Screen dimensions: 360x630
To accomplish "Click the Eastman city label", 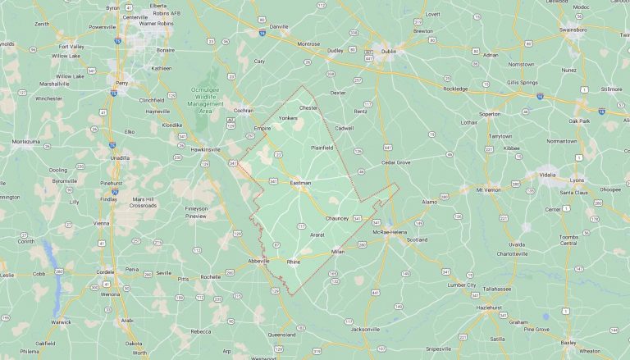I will tap(300, 182).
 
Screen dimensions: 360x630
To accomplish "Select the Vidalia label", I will tap(549, 175).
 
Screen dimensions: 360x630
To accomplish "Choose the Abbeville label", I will tap(259, 261).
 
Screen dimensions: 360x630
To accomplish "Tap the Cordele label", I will tap(106, 271).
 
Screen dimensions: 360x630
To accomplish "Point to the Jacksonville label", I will tap(366, 329).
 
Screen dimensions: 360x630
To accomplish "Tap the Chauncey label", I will tap(337, 218).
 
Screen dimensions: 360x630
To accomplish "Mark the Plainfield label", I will tap(322, 148).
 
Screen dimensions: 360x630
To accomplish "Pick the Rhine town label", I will tap(294, 261).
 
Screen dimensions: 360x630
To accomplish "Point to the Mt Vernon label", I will tap(488, 189).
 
